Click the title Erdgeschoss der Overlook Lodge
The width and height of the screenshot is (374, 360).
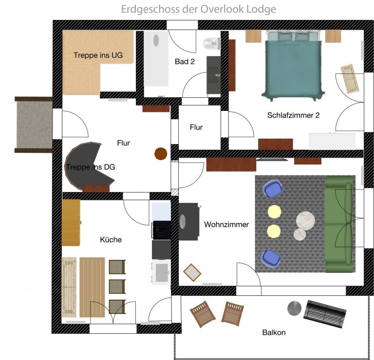199,9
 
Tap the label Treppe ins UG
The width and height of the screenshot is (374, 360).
98,55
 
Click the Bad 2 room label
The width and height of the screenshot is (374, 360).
185,62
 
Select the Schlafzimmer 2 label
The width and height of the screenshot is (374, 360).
293,115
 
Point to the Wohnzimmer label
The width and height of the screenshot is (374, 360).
226,224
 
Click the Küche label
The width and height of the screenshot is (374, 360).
111,239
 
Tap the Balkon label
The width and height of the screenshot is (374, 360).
274,333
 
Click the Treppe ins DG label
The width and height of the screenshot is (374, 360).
90,167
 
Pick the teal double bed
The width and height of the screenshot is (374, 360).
293,63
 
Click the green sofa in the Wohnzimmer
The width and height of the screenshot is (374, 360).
339,224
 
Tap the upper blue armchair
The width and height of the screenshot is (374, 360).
272,189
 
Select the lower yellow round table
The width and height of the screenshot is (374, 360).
274,231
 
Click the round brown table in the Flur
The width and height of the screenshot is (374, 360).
160,154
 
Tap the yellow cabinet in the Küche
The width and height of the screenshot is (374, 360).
71,223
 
